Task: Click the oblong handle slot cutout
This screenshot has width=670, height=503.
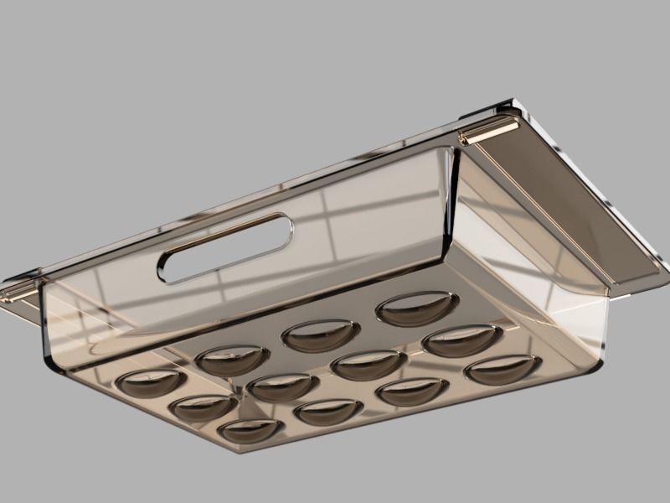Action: click(224, 247)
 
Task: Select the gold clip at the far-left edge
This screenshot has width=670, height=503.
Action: click(17, 293)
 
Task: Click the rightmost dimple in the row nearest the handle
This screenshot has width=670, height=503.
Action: click(417, 309)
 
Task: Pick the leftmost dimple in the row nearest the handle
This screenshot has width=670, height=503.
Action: click(151, 382)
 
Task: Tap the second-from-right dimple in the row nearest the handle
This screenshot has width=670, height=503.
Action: click(321, 335)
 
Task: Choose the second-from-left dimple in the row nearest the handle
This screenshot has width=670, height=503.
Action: click(232, 360)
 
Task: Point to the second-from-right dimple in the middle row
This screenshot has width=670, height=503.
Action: click(368, 365)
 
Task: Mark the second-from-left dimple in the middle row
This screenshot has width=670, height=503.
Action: click(282, 387)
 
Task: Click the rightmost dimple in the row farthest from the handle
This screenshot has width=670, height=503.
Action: click(502, 369)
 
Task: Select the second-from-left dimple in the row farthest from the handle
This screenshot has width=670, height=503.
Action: click(329, 412)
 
